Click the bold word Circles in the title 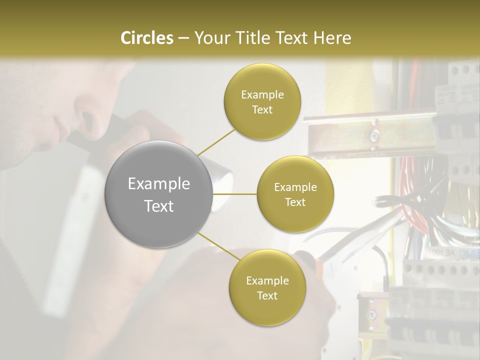147,38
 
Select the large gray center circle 158,194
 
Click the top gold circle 262,102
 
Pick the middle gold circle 295,194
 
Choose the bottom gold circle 267,288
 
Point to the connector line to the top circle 216,142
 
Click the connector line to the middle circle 235,194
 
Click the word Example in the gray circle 158,184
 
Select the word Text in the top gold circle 262,110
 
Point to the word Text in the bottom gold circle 267,296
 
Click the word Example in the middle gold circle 295,187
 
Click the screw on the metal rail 373,134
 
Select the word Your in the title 210,38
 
